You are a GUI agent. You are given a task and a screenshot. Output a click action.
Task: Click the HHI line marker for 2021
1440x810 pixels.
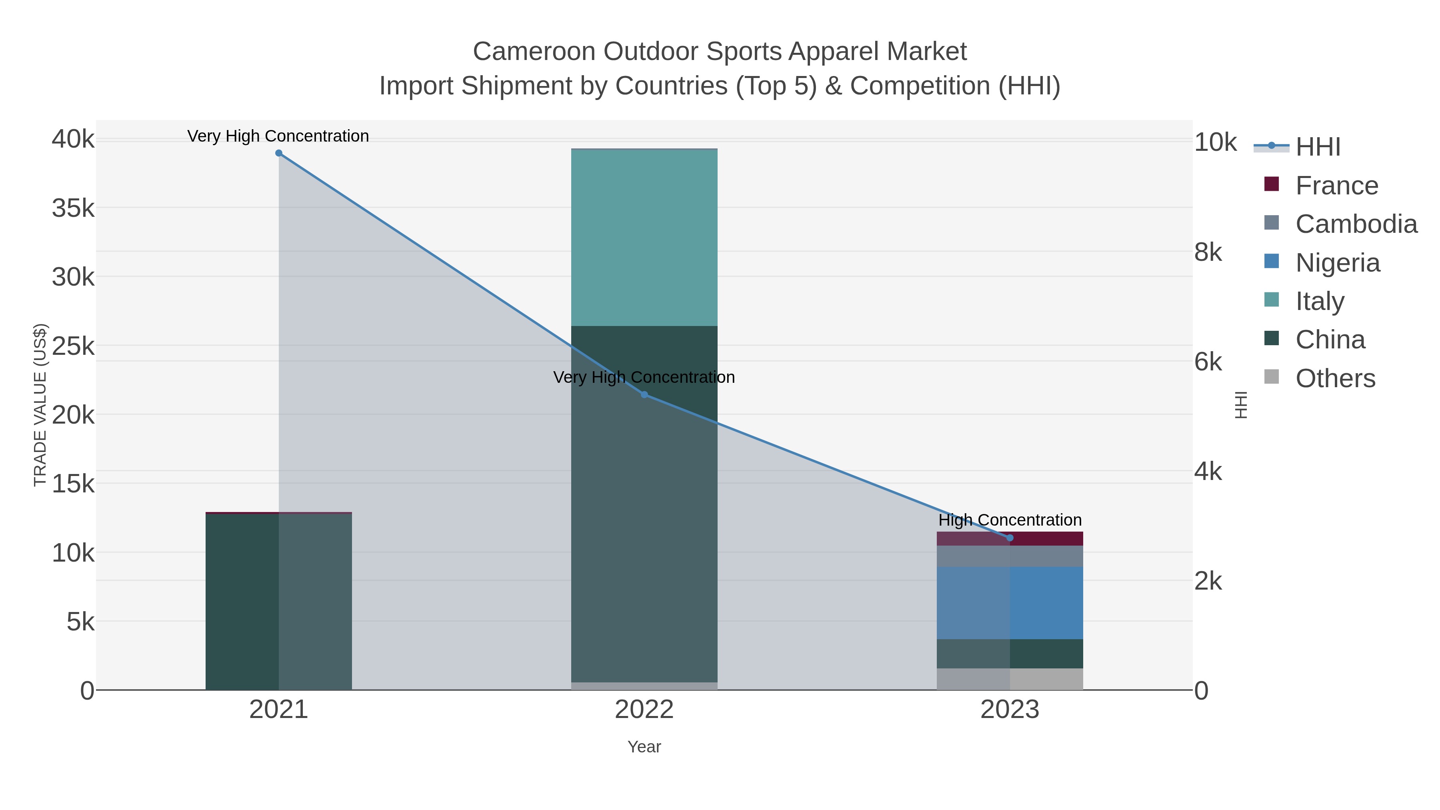tap(279, 153)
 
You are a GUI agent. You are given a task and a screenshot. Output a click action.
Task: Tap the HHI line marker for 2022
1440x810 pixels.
tap(644, 395)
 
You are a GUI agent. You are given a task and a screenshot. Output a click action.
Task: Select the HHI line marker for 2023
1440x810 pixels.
tap(1010, 538)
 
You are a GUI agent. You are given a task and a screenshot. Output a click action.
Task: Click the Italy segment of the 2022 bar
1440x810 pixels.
tap(644, 238)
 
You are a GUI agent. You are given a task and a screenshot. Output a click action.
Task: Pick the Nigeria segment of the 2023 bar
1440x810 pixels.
tap(1010, 603)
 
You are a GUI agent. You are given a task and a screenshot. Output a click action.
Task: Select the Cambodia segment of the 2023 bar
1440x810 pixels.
tap(1010, 556)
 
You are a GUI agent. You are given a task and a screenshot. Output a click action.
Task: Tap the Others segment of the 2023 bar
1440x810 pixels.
tap(1010, 679)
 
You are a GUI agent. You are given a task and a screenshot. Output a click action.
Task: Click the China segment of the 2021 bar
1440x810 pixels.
tap(279, 601)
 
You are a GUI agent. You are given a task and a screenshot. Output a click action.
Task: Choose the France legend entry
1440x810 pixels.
tap(1336, 186)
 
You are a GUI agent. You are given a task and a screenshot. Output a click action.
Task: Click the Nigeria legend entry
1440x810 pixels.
tap(1337, 263)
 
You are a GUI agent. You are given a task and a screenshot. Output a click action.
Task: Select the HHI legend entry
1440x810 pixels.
tap(1318, 147)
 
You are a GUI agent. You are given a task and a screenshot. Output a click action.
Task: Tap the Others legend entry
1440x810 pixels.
tap(1335, 378)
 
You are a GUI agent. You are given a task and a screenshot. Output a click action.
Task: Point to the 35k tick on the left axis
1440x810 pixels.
tap(73, 208)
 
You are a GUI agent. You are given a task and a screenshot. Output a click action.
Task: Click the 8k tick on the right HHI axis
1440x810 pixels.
tap(1208, 253)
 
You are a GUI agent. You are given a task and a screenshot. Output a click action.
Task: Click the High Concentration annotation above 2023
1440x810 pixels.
tap(1010, 520)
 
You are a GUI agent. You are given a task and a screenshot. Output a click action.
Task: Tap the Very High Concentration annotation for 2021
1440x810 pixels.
tap(278, 136)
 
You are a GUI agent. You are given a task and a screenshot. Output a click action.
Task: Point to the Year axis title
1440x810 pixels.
tap(644, 747)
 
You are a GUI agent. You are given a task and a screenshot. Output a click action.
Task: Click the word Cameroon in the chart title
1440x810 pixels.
tap(534, 52)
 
